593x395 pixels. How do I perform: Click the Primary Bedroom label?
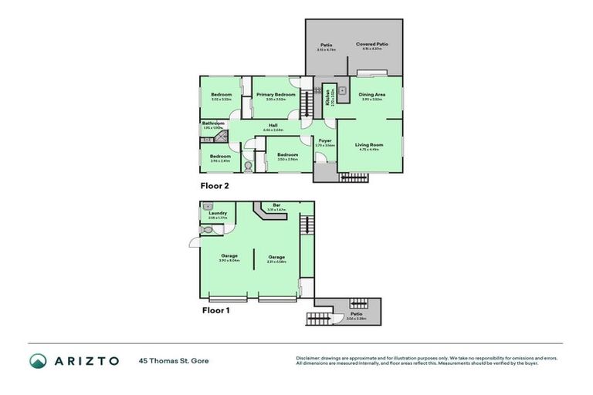(276, 94)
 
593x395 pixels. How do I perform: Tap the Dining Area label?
(372, 94)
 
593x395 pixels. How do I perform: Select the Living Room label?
(369, 144)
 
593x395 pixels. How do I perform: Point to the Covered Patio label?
(372, 45)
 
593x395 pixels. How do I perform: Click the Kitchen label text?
(327, 97)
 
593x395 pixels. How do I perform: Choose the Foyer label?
(324, 140)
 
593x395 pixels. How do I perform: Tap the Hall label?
(273, 125)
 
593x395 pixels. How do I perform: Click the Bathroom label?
(213, 123)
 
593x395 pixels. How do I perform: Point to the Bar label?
(276, 205)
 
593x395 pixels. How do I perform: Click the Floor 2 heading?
(215, 186)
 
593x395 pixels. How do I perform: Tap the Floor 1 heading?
(215, 311)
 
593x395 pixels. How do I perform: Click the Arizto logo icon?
(39, 360)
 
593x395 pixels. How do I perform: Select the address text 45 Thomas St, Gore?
(174, 360)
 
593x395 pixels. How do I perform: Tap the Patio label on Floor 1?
(356, 314)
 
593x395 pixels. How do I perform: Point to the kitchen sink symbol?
(341, 90)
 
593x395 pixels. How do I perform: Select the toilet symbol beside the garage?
(207, 230)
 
